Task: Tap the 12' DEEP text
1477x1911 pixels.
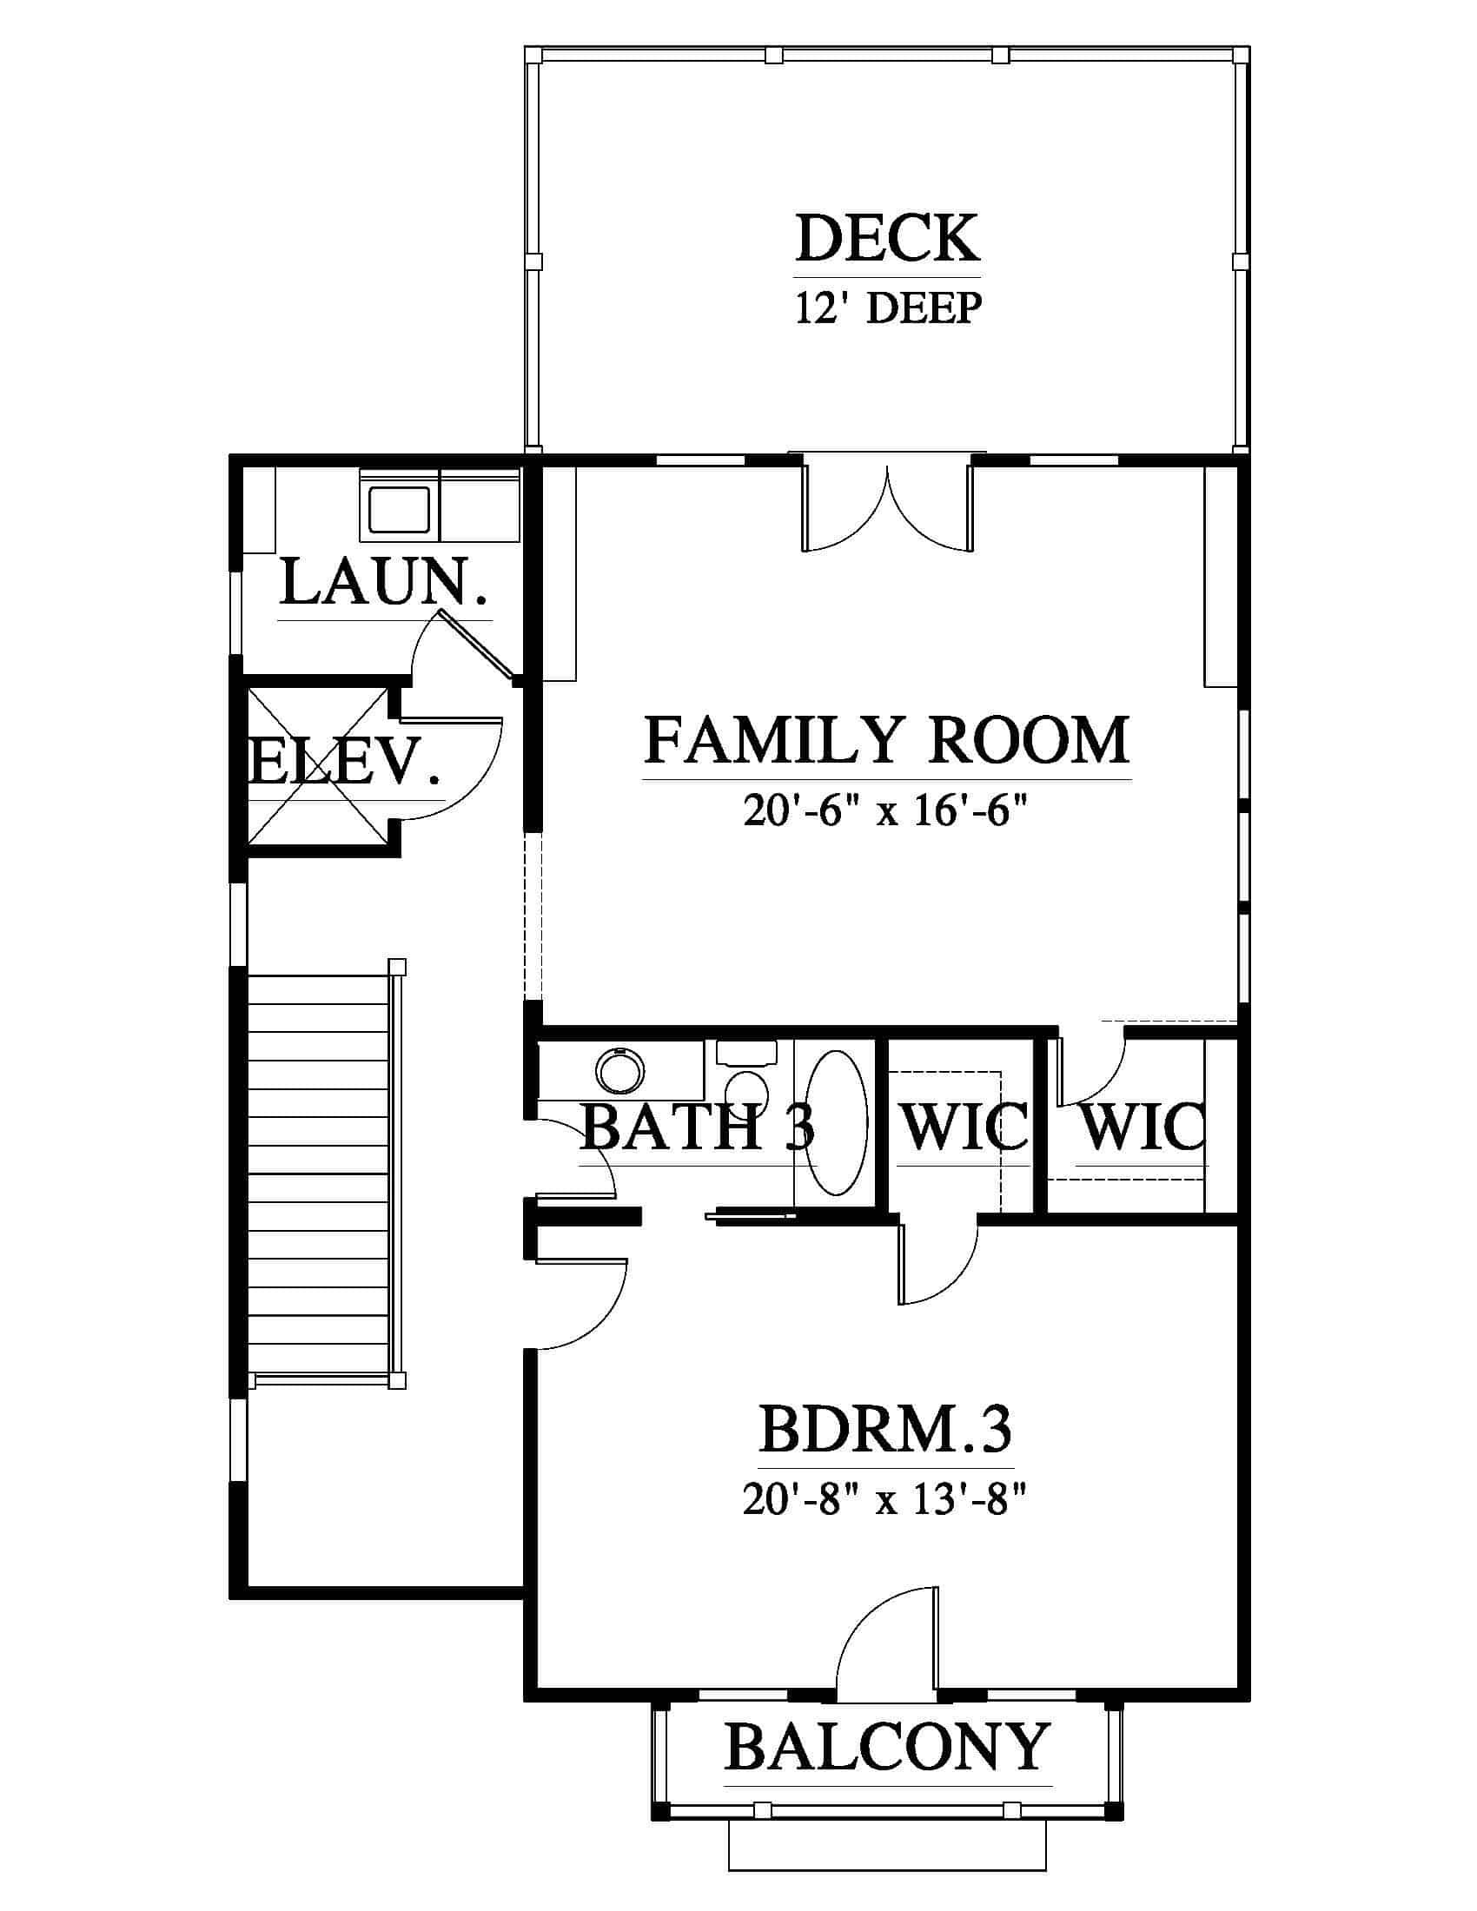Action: pyautogui.click(x=888, y=308)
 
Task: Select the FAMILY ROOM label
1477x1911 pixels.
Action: pyautogui.click(x=887, y=740)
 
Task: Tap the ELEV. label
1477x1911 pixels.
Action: pyautogui.click(x=343, y=761)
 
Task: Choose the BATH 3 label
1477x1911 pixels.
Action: pyautogui.click(x=698, y=1127)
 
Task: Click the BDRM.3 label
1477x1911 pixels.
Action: pyautogui.click(x=885, y=1430)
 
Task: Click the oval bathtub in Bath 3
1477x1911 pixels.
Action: pyautogui.click(x=836, y=1122)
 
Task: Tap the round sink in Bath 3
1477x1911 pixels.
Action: pyautogui.click(x=620, y=1070)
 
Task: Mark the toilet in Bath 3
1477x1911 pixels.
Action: pyautogui.click(x=746, y=1075)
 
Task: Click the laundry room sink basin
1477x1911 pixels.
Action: pyautogui.click(x=399, y=508)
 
